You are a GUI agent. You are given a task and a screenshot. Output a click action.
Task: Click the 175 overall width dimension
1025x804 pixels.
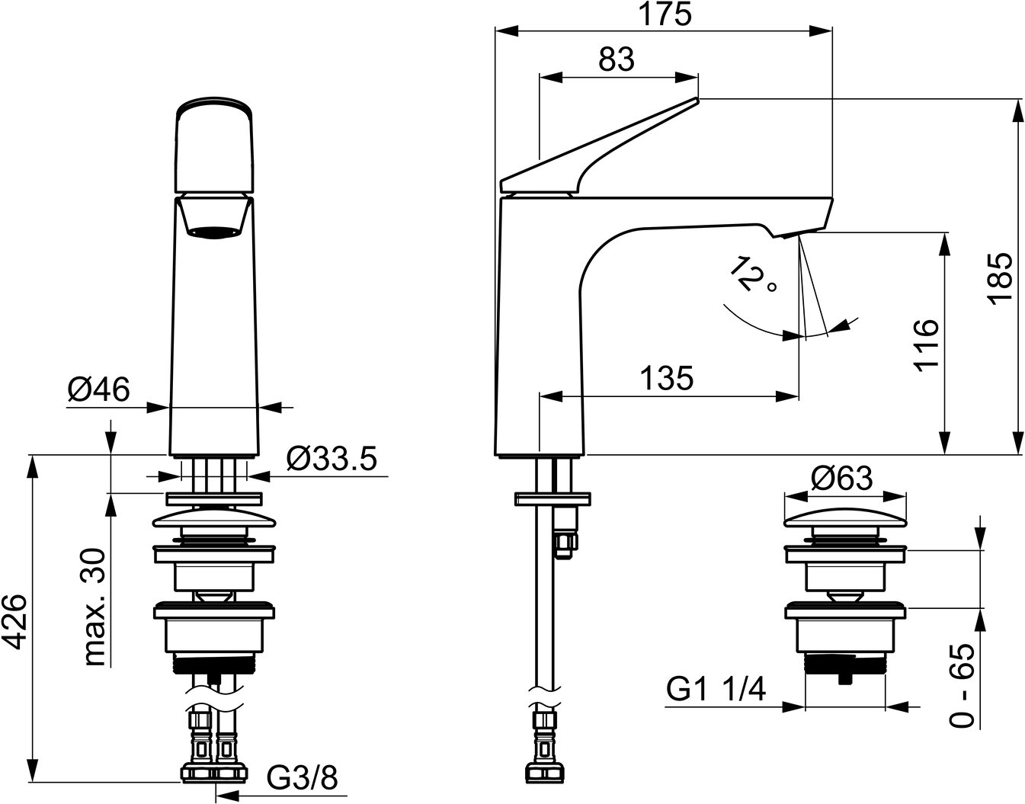click(x=665, y=14)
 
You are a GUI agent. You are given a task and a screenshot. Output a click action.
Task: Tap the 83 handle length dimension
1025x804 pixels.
click(x=617, y=60)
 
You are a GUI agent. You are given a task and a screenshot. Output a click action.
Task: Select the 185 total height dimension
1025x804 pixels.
click(x=998, y=279)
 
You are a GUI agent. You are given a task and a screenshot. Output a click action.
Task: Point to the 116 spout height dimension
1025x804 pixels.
click(x=925, y=345)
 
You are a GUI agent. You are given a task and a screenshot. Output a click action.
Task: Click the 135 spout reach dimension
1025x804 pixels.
click(x=667, y=378)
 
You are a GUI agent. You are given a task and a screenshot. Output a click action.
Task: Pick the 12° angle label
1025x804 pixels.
click(x=753, y=275)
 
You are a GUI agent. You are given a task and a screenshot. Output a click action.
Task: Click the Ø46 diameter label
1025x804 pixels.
click(x=98, y=390)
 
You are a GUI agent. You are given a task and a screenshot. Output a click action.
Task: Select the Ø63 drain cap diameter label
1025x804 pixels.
click(x=842, y=479)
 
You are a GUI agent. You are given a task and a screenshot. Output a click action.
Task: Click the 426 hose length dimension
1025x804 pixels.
click(x=15, y=622)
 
